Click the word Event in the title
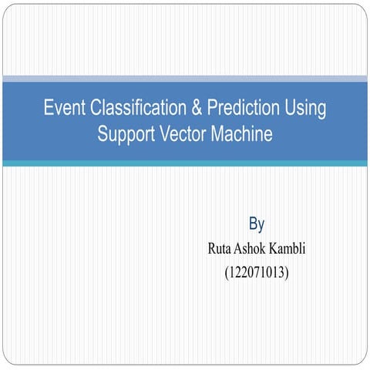[63, 108]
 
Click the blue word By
[257, 224]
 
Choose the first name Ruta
[222, 249]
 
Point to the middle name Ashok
[257, 249]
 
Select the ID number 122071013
[257, 272]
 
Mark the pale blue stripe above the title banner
[185, 79]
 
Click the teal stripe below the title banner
[185, 163]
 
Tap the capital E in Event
[48, 108]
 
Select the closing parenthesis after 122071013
[288, 272]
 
